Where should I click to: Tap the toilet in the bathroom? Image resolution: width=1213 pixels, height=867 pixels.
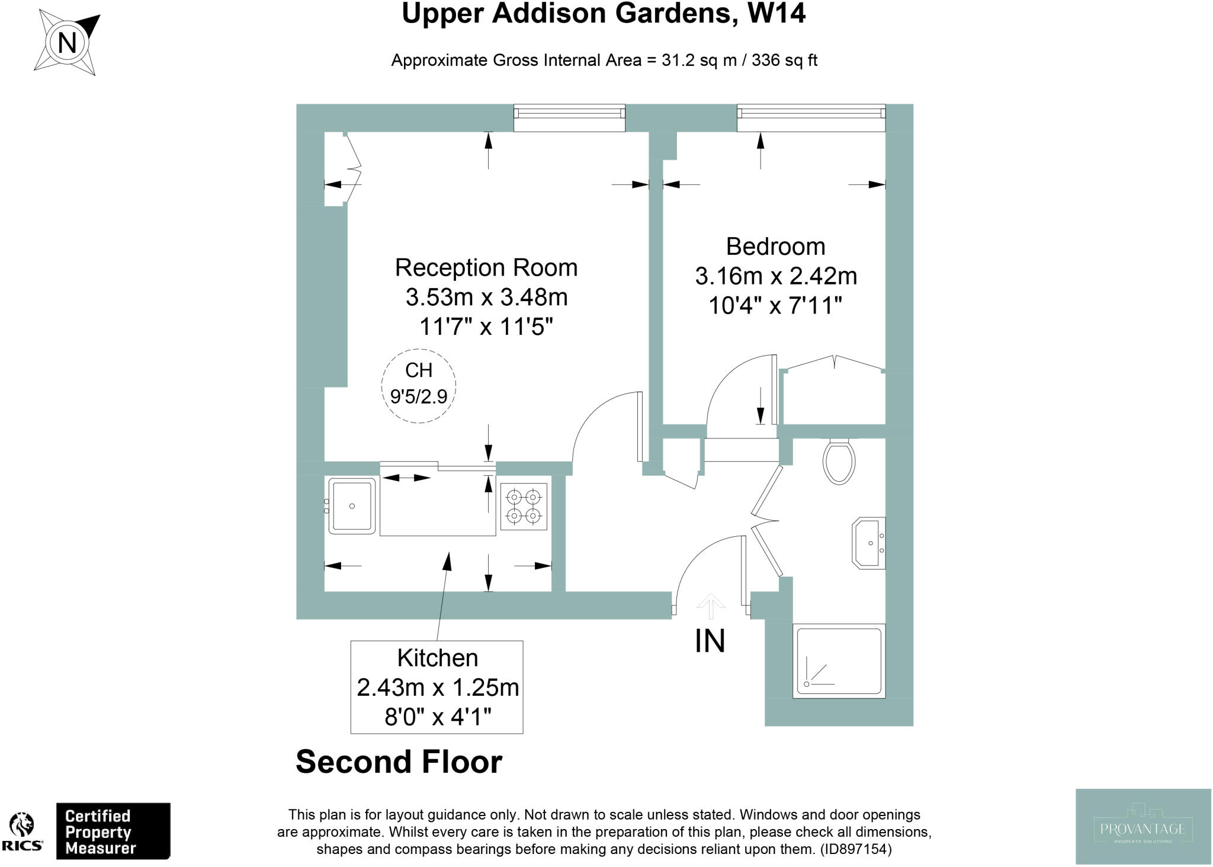[x=839, y=461]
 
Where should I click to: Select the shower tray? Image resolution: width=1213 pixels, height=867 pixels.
[x=839, y=661]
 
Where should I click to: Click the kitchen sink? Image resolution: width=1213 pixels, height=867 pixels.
[x=352, y=506]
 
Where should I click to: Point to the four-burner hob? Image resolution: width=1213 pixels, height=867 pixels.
[x=524, y=507]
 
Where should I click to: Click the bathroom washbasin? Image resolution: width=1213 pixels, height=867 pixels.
[x=869, y=543]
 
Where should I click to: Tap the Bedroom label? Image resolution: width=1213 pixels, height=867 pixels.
[x=775, y=246]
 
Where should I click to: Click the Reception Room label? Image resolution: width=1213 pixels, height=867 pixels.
[x=486, y=267]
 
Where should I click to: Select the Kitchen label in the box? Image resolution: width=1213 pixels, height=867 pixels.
[x=437, y=658]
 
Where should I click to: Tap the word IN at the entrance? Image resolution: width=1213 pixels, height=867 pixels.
[x=710, y=641]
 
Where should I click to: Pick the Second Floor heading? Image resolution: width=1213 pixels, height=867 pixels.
[x=399, y=762]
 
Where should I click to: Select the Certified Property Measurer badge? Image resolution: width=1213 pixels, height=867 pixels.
[x=113, y=831]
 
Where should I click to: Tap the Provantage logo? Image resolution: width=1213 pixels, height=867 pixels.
[x=1143, y=826]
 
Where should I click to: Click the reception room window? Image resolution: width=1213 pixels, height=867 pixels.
[x=569, y=117]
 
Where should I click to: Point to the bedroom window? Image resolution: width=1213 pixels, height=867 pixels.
[x=811, y=117]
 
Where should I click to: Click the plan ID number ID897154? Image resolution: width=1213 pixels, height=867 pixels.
[x=855, y=849]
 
